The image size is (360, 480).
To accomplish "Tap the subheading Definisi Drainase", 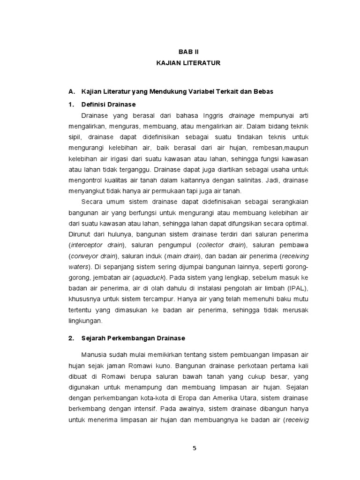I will pos(108,104).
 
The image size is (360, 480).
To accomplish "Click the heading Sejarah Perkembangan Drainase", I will pos(133,337).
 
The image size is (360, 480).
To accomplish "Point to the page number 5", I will pos(195,448).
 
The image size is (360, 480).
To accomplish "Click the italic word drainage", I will pos(241,115).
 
